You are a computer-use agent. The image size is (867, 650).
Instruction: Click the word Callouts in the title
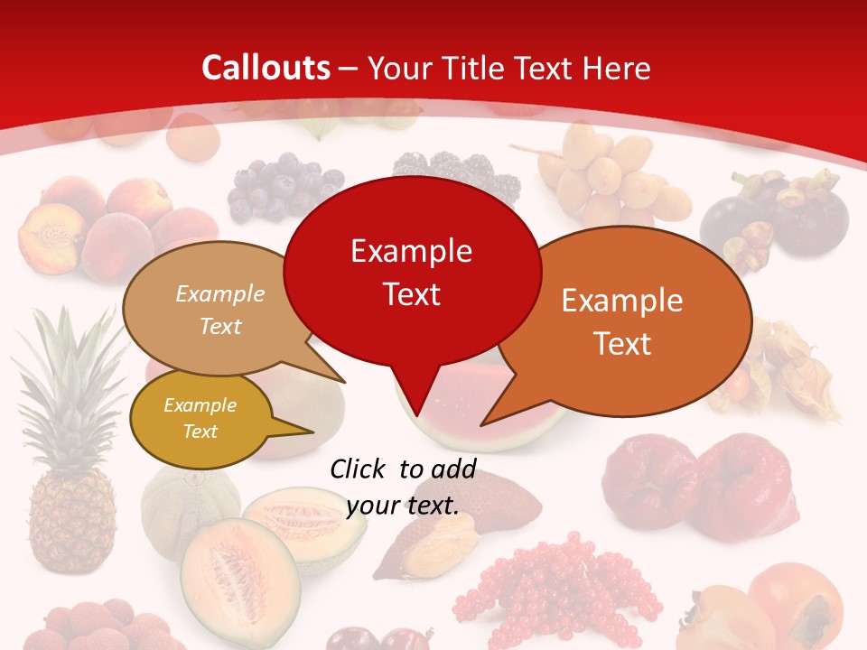(266, 68)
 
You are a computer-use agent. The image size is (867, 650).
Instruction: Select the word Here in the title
(617, 68)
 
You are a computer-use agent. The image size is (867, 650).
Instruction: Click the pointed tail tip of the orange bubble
(484, 423)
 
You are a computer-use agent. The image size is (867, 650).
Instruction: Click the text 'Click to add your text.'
(403, 487)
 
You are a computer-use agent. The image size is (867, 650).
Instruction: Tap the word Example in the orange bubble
(622, 301)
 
